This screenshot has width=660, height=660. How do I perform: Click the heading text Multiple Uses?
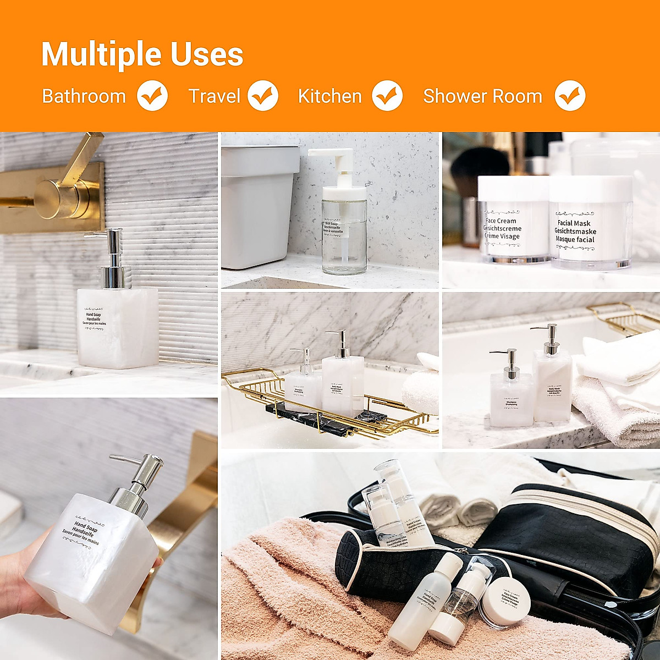142,54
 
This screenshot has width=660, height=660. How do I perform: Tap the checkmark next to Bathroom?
152,96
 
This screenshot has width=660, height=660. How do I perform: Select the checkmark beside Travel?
263,96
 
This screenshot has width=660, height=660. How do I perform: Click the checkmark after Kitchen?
387,96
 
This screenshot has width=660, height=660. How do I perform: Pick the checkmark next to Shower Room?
570,96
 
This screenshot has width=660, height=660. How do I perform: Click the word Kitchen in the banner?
330,96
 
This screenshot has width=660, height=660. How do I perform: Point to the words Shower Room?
482,96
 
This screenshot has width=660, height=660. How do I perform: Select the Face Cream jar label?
502,228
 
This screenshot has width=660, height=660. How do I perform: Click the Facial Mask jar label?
575,231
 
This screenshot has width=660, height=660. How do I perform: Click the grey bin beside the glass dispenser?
256,209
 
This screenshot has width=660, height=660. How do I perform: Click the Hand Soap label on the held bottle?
88,531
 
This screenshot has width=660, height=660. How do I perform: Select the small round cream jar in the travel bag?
505,605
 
